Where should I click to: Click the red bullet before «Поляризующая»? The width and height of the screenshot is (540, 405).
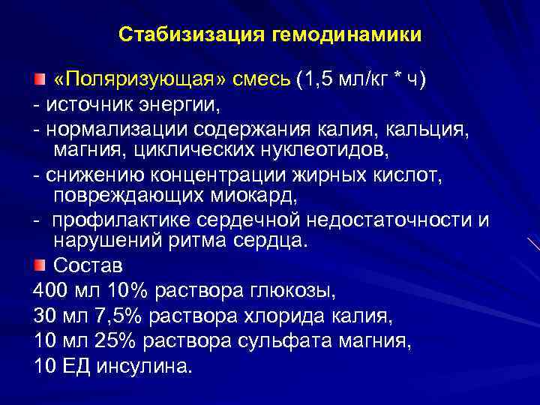39,79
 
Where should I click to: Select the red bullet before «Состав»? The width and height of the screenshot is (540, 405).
39,265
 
